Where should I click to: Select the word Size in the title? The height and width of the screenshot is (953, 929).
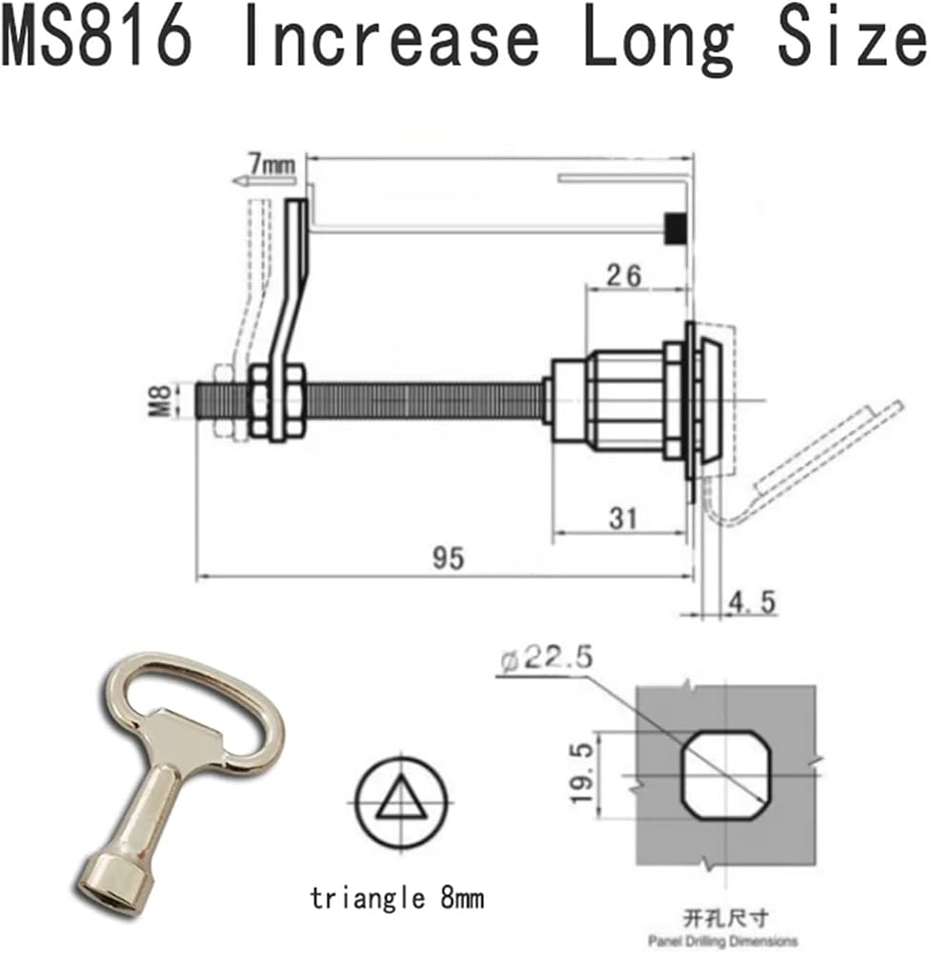pyautogui.click(x=852, y=38)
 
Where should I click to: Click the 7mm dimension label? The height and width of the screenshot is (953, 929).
pyautogui.click(x=271, y=164)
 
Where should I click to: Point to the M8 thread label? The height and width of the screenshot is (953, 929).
pyautogui.click(x=160, y=400)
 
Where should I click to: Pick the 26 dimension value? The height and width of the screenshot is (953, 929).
pyautogui.click(x=623, y=276)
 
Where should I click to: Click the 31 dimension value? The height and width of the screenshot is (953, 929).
pyautogui.click(x=623, y=518)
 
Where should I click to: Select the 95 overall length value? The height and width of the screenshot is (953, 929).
pyautogui.click(x=448, y=558)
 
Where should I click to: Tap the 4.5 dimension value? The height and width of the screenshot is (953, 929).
pyautogui.click(x=752, y=602)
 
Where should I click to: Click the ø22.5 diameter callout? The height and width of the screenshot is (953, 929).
pyautogui.click(x=546, y=659)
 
